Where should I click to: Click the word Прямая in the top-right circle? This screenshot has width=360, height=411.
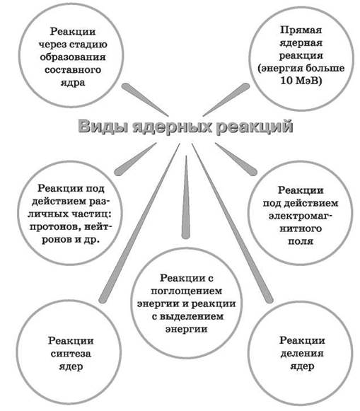click(301, 30)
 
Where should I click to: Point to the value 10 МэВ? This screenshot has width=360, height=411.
click(301, 81)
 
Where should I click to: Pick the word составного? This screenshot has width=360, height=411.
click(73, 70)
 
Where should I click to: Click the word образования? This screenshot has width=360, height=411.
click(73, 57)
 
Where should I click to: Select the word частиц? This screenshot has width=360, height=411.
click(92, 214)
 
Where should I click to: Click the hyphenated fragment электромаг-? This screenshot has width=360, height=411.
click(301, 216)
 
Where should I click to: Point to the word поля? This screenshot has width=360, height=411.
click(301, 241)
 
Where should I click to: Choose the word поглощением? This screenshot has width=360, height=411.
click(187, 291)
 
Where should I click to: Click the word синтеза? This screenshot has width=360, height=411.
click(71, 354)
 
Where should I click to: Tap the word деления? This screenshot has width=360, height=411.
click(302, 354)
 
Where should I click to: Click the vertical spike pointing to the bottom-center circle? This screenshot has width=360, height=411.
click(186, 197)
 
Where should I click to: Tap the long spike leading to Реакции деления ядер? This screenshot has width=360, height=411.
click(233, 223)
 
